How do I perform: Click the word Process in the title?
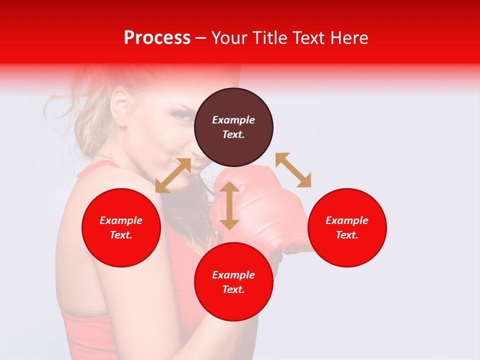point(157,38)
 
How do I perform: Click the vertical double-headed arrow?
point(229,205)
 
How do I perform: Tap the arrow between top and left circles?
point(173,175)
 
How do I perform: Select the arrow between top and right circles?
point(293,170)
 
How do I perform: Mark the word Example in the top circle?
point(233,120)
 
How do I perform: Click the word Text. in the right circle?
point(347,235)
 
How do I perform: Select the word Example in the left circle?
point(121,220)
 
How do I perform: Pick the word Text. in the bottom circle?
point(233,289)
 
